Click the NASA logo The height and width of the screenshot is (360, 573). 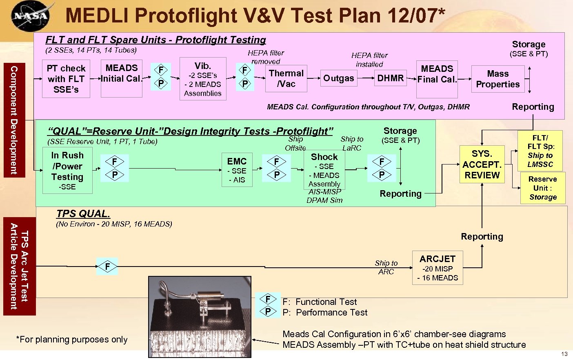point(30,16)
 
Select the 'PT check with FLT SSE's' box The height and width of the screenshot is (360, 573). point(66,79)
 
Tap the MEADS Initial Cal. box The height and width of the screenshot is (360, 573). point(122,79)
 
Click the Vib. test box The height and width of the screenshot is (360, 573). point(203,79)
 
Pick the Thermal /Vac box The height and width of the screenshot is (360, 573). point(286,78)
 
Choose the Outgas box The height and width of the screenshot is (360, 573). point(338,78)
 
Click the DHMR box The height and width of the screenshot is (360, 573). point(390,78)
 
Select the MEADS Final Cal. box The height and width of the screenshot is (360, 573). point(437,79)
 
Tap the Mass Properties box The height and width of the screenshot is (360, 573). point(497,79)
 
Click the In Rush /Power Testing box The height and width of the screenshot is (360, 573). point(67,170)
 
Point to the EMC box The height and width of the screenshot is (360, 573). point(237,170)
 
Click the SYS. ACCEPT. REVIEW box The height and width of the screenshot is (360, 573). point(482,164)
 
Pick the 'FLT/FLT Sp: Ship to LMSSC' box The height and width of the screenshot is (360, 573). point(540,151)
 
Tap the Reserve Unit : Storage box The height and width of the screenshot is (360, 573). point(543,188)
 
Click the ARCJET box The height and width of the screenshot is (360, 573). point(438,268)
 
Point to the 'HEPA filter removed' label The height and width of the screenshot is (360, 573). point(266,57)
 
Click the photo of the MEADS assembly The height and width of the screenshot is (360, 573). point(200,317)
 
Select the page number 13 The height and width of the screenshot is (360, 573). point(564,354)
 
